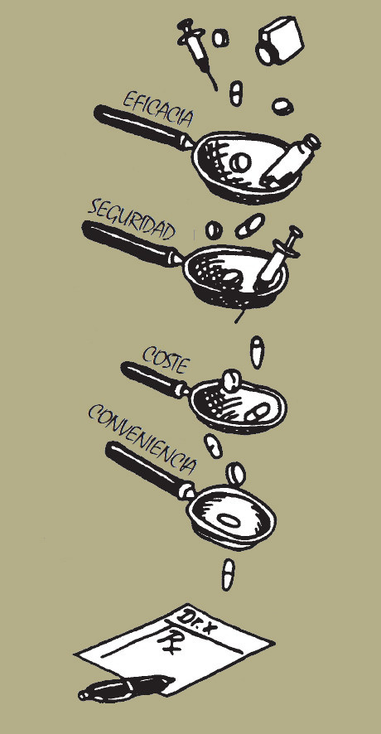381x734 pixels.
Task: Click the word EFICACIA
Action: [x=157, y=109]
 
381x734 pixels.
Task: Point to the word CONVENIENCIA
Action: [x=142, y=438]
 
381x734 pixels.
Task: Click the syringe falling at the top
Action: [x=196, y=51]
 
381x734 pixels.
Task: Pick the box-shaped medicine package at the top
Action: [x=279, y=41]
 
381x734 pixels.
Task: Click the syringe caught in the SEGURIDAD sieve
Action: [x=278, y=259]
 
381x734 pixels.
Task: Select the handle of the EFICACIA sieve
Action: [x=142, y=127]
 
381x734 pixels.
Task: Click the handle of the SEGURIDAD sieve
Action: [x=131, y=244]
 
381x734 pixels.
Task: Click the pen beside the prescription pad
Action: [x=125, y=688]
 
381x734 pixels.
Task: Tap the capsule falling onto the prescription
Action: [x=228, y=575]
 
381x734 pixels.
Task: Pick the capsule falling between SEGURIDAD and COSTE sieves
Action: [x=257, y=352]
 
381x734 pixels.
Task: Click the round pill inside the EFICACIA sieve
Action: [x=242, y=162]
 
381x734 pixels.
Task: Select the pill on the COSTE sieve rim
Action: [x=230, y=380]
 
